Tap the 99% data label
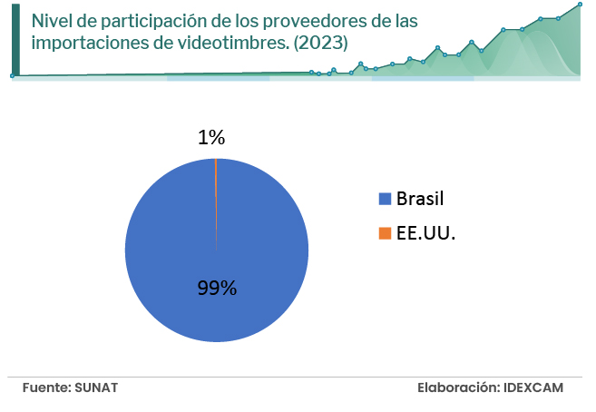(217, 289)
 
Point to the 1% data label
(211, 138)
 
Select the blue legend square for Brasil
(385, 200)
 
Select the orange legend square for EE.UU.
(385, 233)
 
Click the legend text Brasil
(421, 200)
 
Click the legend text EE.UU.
(426, 233)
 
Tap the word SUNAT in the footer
(98, 387)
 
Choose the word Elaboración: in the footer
(457, 387)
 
